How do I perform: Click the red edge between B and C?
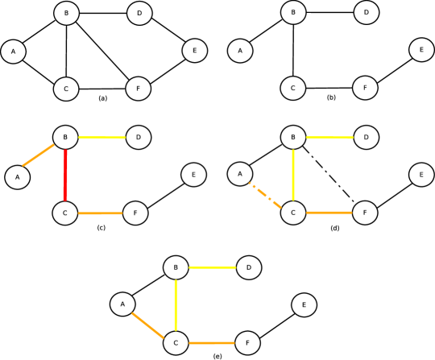[x=65, y=175]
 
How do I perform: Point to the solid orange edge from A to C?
[x=148, y=324]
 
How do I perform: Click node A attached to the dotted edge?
[x=240, y=173]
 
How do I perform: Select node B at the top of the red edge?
[x=65, y=138]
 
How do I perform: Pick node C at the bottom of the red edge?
[x=64, y=213]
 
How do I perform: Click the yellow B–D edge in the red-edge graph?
[x=101, y=138]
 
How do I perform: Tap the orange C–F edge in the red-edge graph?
[x=100, y=213]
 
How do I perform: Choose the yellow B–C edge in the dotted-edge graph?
[x=293, y=175]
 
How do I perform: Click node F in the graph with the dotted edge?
[x=365, y=213]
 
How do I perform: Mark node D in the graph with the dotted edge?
[x=366, y=138]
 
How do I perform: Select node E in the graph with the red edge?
[x=193, y=175]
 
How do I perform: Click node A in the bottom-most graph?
[x=122, y=304]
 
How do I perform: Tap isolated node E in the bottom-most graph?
[x=304, y=304]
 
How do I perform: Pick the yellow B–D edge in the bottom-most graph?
[x=212, y=267]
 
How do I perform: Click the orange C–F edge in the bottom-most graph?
[x=211, y=343]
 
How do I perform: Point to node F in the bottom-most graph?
[x=247, y=343]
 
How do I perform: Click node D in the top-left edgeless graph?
[x=139, y=13]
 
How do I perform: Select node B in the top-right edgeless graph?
[x=293, y=12]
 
